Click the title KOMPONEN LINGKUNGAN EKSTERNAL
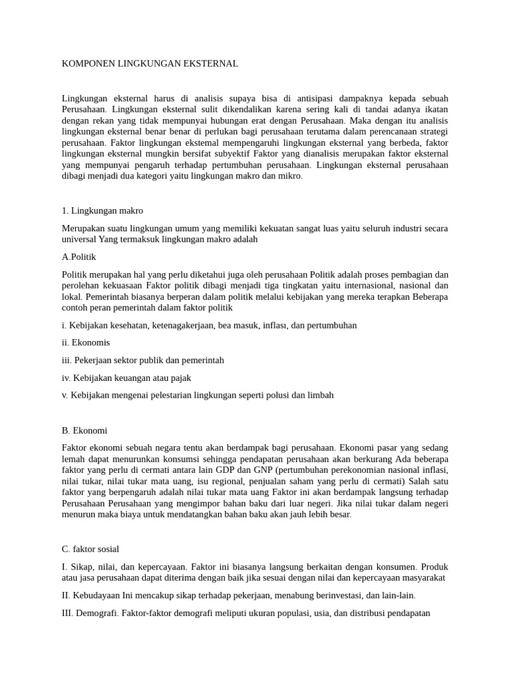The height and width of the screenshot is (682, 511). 150,64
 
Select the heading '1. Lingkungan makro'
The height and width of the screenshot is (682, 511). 102,210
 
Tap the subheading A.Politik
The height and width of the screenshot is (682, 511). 83,256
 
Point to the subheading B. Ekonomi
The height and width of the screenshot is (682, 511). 85,430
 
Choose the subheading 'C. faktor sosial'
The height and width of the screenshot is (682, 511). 90,549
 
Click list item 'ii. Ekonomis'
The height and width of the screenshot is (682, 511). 86,342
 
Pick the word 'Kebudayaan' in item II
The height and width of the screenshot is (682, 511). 101,595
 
